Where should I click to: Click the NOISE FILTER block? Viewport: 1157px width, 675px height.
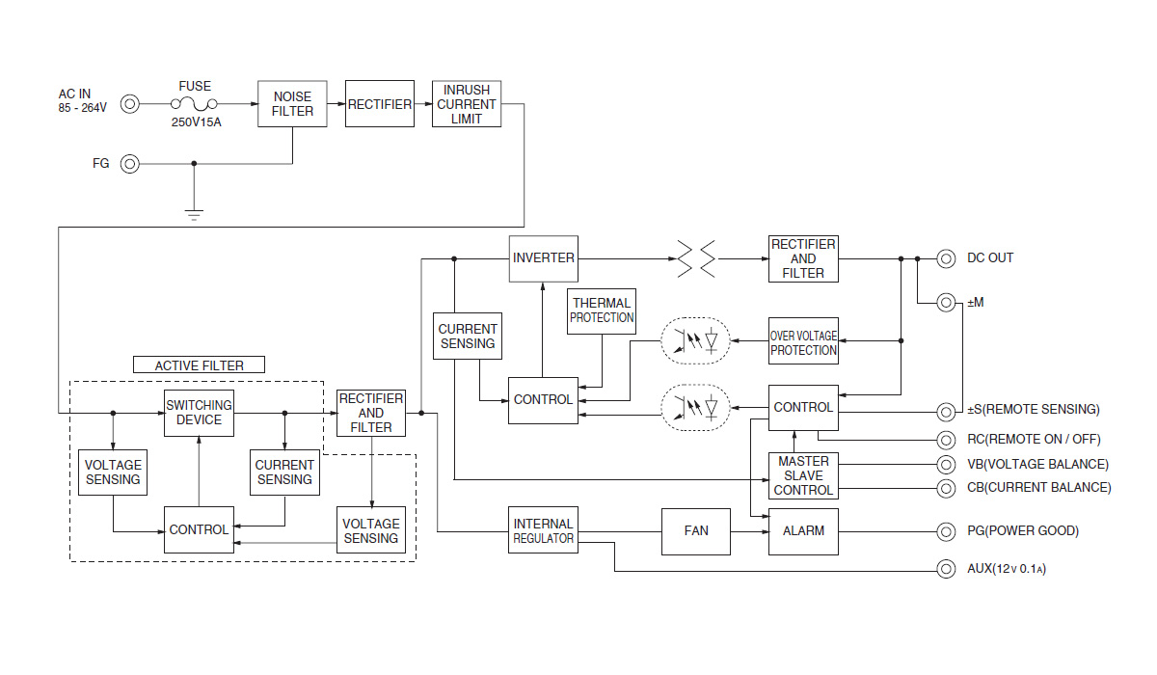click(292, 104)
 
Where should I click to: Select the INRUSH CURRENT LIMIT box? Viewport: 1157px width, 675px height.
click(466, 104)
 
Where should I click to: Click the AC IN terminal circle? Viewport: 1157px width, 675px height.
click(129, 104)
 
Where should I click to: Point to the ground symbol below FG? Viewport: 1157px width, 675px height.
click(194, 213)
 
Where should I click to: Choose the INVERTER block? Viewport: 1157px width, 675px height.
click(544, 258)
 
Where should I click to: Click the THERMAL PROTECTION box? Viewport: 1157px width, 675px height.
click(602, 310)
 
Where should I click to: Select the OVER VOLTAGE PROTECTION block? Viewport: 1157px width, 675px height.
click(803, 341)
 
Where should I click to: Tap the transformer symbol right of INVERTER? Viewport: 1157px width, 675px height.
click(697, 258)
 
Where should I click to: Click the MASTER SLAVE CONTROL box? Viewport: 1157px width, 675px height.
click(803, 475)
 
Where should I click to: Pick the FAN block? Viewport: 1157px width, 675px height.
click(695, 530)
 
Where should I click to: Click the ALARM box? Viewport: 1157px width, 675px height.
click(803, 530)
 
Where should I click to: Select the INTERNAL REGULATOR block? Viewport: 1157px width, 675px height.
click(544, 530)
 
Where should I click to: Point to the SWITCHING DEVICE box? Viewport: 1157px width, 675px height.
click(199, 413)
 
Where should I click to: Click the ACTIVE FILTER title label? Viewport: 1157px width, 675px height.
click(199, 365)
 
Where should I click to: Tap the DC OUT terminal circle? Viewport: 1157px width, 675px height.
click(947, 258)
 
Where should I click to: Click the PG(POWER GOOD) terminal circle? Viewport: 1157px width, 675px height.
click(947, 531)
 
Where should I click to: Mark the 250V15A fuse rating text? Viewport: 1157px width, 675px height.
click(196, 123)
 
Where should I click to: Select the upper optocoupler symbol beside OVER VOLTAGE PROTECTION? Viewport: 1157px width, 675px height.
click(695, 341)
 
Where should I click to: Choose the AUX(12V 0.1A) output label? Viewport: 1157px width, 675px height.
click(1007, 569)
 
